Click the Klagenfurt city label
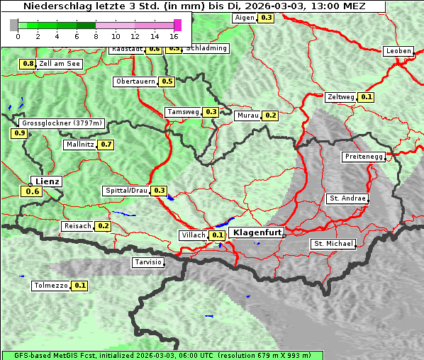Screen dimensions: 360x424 [257, 232]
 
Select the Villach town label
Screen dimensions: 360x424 [194, 235]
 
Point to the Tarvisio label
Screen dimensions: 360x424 [148, 262]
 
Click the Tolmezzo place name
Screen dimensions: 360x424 [50, 286]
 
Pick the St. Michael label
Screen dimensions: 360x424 [333, 244]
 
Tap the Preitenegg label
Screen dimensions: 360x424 [363, 157]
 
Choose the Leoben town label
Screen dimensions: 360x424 [398, 51]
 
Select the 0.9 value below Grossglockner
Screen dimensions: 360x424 [19, 133]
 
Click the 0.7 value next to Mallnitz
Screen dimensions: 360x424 [106, 145]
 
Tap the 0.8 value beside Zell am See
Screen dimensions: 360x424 [28, 64]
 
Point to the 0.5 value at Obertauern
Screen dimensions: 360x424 [167, 81]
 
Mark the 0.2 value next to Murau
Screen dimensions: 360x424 [270, 115]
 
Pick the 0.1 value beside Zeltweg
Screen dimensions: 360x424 [366, 97]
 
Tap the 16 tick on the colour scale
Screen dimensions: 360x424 [174, 36]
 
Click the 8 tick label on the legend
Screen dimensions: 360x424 [96, 36]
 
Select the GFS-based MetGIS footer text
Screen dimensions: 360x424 [162, 355]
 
